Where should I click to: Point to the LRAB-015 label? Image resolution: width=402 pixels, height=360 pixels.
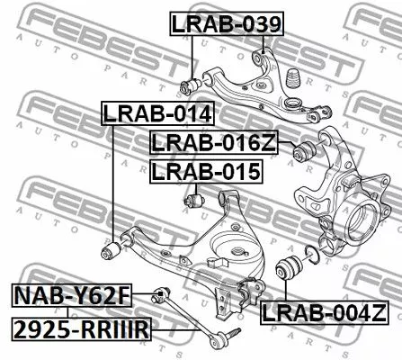click(205, 170)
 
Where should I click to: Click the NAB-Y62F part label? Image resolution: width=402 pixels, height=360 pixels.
click(71, 293)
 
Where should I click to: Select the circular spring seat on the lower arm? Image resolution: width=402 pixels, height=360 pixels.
click(237, 252)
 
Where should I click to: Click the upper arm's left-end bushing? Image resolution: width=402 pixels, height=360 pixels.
click(190, 86)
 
